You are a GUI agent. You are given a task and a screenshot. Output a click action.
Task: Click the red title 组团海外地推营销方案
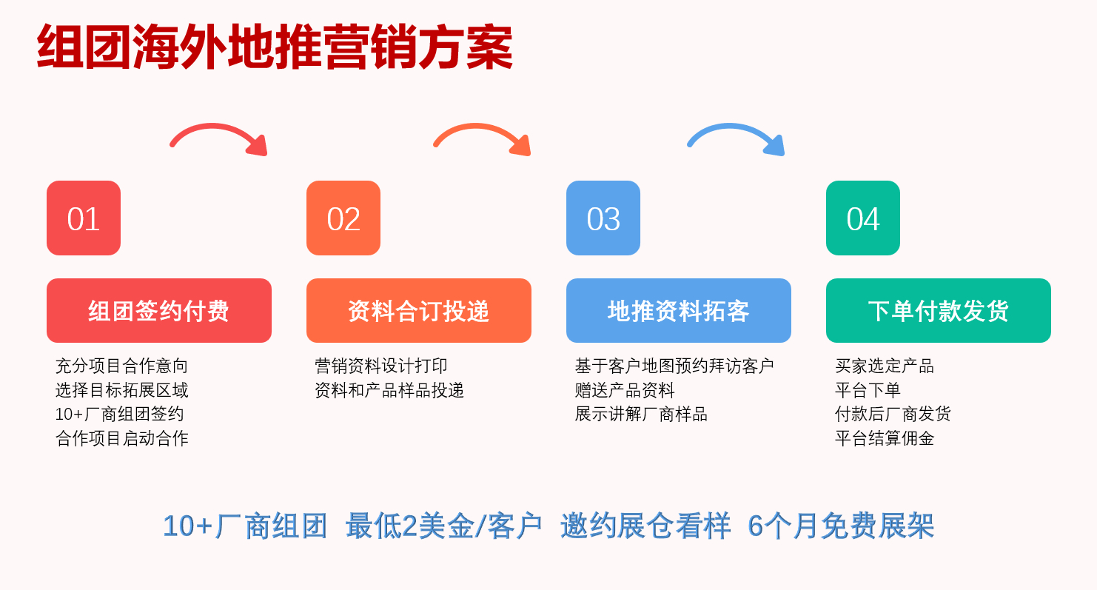(x=275, y=47)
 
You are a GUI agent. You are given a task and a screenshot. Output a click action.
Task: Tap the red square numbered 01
(x=84, y=218)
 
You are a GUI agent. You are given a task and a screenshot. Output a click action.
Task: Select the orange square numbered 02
(x=343, y=218)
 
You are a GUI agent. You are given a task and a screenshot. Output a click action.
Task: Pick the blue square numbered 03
(x=603, y=218)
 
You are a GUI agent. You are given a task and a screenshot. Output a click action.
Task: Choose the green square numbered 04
(x=863, y=218)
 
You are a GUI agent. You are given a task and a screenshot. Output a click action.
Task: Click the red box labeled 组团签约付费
(x=159, y=310)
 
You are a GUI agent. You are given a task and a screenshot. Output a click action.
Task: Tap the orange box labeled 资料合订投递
(x=419, y=310)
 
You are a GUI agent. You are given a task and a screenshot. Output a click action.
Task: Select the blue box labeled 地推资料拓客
(x=679, y=310)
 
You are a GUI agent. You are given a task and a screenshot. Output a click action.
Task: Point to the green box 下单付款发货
(x=939, y=310)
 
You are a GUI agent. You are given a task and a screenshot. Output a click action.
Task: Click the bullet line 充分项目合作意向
(x=121, y=366)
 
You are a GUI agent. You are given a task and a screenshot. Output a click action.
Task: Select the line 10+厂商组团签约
(x=119, y=415)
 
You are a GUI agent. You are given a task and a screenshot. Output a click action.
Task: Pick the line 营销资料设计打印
(x=381, y=366)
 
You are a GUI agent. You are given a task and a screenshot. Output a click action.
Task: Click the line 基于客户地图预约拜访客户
(x=674, y=366)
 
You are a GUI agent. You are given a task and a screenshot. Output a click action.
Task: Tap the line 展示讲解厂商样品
(x=641, y=415)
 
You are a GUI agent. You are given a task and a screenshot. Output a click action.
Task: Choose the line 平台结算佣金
(x=885, y=438)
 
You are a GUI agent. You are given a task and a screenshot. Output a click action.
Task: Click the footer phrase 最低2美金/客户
(x=443, y=526)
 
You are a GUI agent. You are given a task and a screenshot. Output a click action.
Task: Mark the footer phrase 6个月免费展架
(x=841, y=526)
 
